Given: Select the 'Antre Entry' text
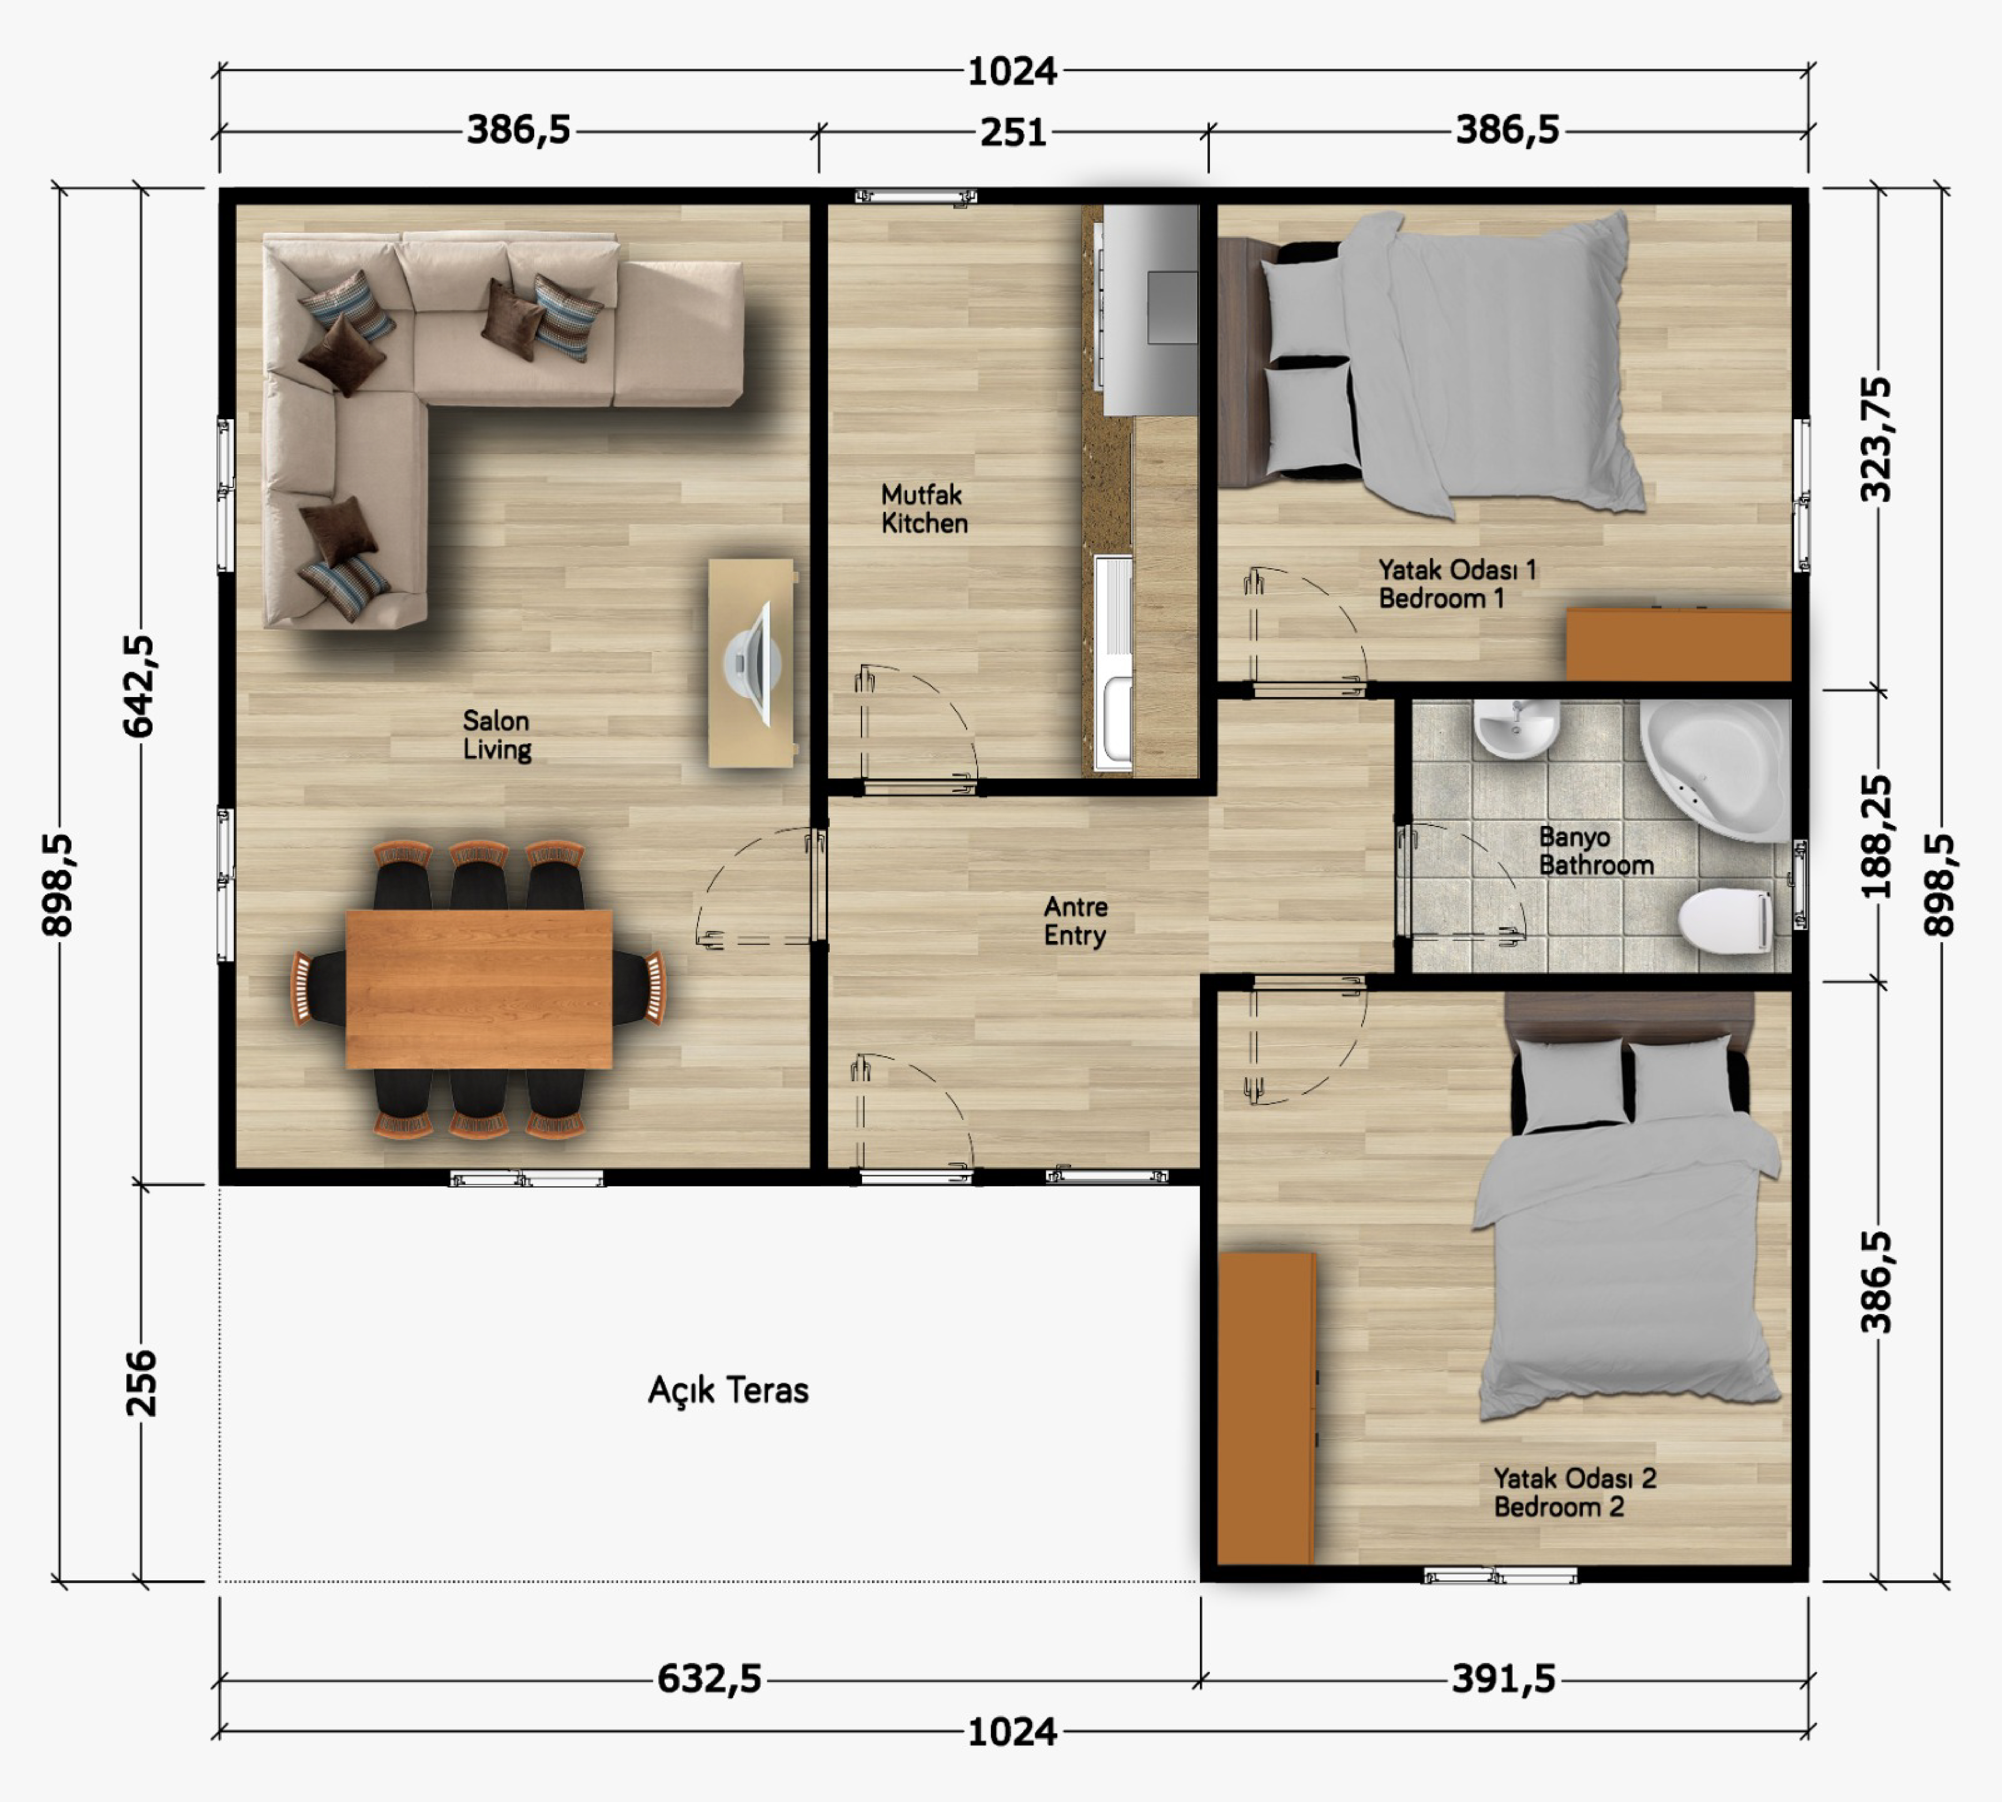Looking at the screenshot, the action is [x=1075, y=921].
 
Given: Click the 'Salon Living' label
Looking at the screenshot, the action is [x=497, y=735].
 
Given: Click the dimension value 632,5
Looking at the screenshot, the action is [x=709, y=1678].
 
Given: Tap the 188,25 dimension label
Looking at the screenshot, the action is [x=1876, y=838].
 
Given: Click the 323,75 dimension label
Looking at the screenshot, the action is [x=1876, y=440].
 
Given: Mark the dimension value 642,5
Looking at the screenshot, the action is [x=139, y=686].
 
